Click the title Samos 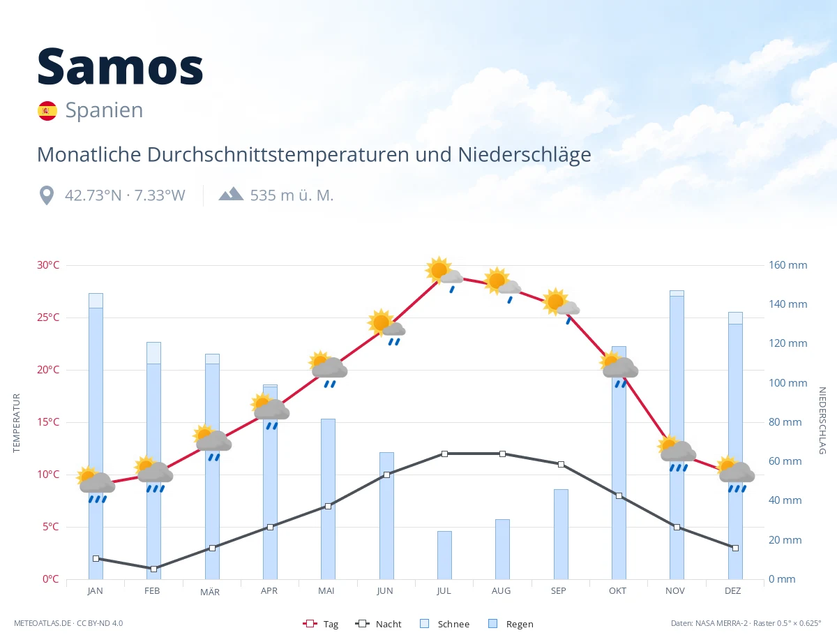120,67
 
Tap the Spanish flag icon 47,111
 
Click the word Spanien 104,110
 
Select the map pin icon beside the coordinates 47,195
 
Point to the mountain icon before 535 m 231,194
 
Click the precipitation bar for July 444,555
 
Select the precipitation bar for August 502,549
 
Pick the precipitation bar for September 561,534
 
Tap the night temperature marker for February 153,569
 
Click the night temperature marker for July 444,454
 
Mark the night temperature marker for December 735,548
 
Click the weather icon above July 444,274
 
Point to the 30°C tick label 48,265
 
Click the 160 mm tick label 787,265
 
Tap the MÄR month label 210,592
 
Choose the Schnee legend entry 445,624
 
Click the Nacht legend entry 378,624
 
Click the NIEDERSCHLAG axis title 822,420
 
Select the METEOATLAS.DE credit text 43,623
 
